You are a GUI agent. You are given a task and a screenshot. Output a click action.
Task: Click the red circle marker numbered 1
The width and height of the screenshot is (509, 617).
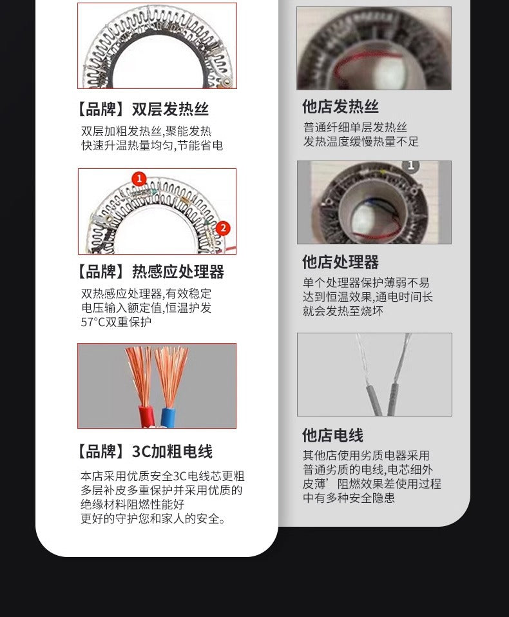pos(139,179)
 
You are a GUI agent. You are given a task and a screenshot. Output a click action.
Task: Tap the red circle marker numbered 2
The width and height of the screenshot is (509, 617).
pos(223,228)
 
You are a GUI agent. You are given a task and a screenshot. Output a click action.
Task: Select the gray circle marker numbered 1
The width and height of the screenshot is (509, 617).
pos(411,165)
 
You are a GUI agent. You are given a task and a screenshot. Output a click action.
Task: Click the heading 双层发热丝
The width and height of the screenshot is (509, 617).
pos(142,109)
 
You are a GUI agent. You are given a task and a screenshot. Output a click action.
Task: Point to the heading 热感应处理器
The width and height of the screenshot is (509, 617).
pos(149,271)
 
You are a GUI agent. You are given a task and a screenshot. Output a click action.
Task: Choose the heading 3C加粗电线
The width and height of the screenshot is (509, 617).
pos(144,451)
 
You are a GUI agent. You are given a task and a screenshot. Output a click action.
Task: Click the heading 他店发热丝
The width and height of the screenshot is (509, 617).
pos(340,106)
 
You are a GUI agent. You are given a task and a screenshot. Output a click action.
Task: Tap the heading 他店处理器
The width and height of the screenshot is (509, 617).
pos(340,262)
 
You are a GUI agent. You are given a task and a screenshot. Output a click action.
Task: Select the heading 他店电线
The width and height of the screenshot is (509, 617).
pos(332,435)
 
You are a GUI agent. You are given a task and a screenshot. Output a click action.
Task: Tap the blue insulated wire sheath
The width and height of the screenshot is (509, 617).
pos(169,415)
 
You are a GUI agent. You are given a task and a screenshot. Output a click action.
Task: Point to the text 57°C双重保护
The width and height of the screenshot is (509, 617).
pos(116,322)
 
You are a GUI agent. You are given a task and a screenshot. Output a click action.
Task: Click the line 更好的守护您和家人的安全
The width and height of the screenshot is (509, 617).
pos(153,518)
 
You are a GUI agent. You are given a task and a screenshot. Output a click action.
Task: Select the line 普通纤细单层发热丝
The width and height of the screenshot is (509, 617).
pos(355,127)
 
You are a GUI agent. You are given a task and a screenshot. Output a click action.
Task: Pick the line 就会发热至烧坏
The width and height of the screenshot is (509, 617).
pos(343,311)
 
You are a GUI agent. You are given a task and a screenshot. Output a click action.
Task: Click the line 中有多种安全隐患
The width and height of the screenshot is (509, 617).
pos(349,498)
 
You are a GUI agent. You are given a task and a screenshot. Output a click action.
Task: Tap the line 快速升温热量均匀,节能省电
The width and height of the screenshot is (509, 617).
pos(152,146)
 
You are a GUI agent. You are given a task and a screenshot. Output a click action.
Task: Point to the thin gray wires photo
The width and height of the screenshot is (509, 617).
pos(374,374)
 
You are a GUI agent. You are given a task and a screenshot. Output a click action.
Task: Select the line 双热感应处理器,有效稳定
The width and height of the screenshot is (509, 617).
pos(146,293)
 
